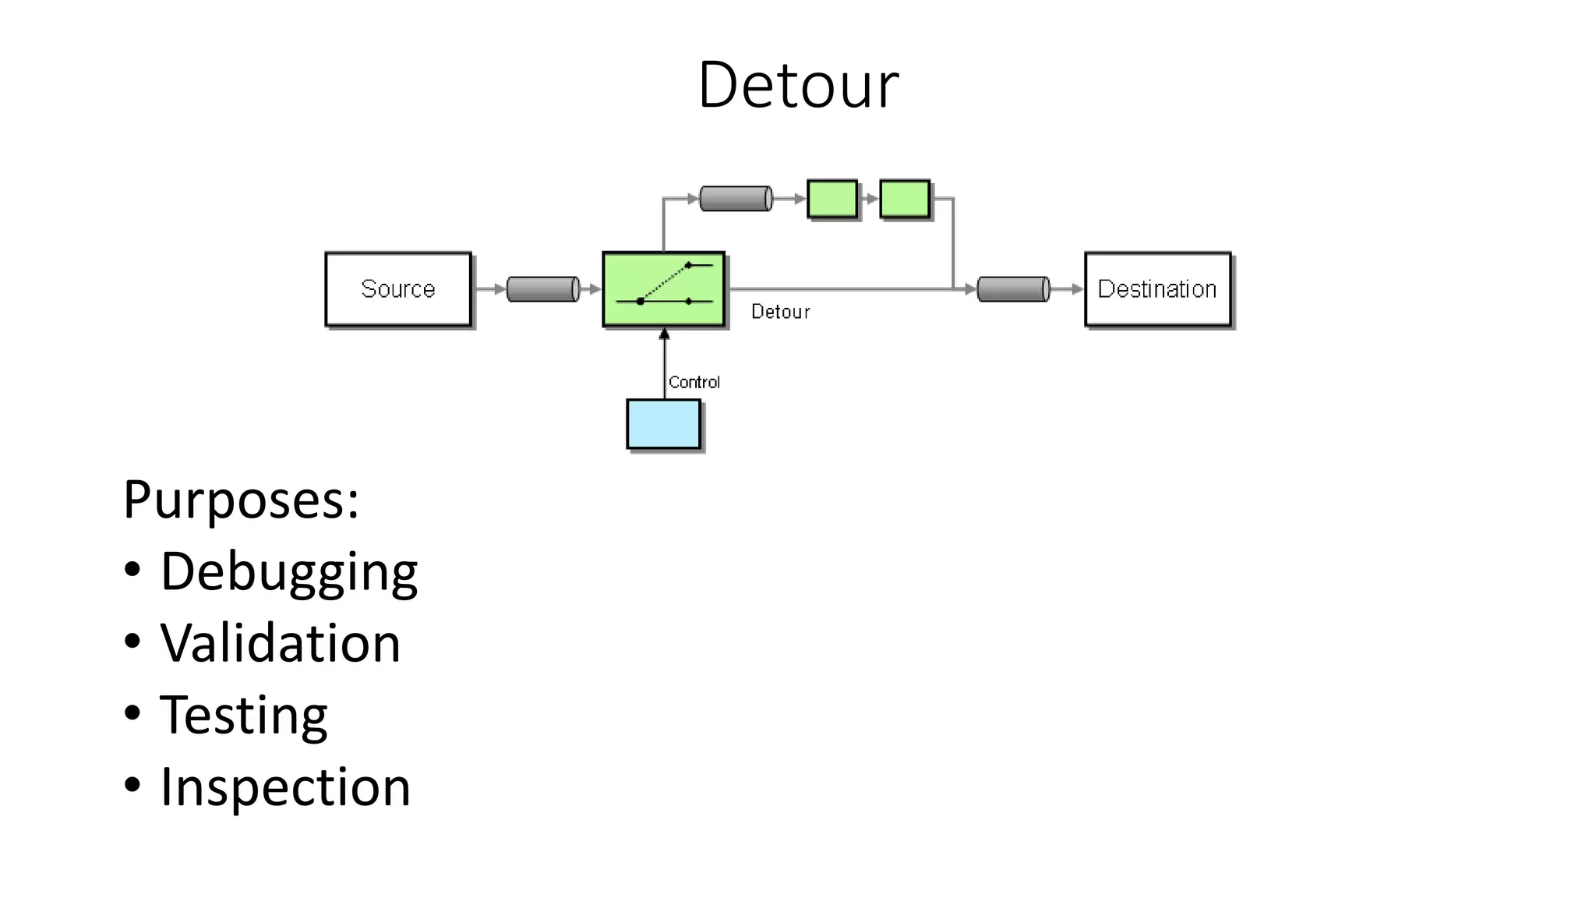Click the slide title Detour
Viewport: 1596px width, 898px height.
point(798,84)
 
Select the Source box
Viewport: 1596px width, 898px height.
point(398,289)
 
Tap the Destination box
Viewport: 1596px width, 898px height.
point(1157,289)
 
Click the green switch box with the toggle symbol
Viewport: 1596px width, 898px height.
point(663,289)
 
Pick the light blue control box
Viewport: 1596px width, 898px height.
point(663,424)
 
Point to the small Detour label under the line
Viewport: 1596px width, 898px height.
point(780,312)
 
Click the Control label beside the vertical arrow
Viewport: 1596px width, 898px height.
point(694,382)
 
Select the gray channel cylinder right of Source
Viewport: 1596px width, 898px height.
point(542,289)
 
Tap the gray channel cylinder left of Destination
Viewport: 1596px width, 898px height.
point(1013,289)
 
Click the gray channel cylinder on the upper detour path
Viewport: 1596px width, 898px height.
point(736,199)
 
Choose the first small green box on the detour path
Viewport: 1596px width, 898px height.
point(832,199)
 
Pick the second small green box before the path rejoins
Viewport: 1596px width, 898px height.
point(905,199)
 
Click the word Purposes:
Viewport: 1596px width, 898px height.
point(241,500)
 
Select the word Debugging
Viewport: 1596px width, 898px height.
point(289,571)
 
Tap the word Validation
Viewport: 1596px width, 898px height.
point(281,643)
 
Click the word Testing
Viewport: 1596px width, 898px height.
point(244,715)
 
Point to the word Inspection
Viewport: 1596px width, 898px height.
point(285,787)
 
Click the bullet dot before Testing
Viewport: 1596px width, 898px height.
point(132,712)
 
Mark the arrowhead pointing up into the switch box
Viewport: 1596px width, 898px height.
point(664,334)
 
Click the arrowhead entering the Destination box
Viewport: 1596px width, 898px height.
point(1078,289)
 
